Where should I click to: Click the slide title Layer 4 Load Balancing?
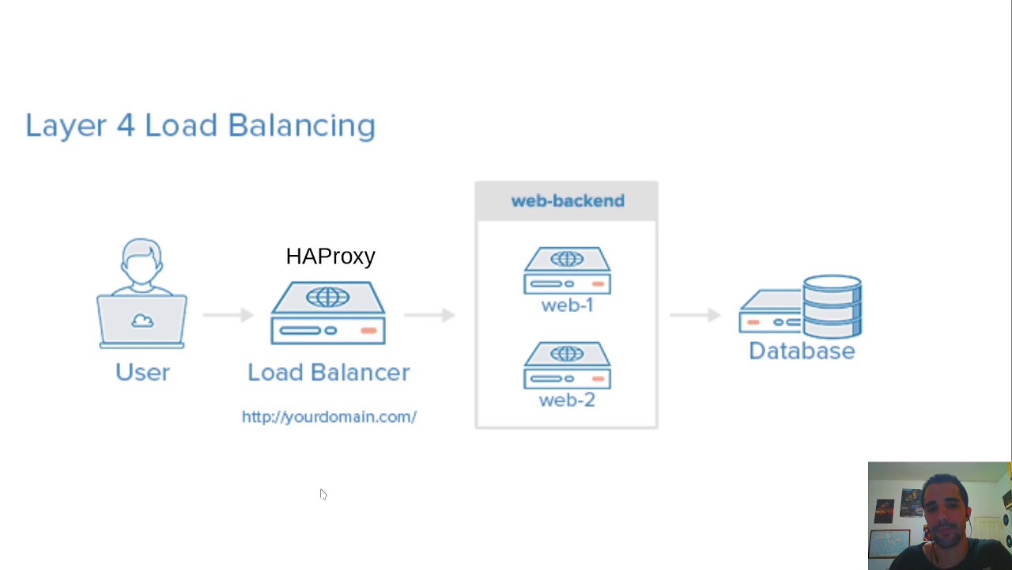[200, 126]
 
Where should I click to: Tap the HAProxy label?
[330, 256]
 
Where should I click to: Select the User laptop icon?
[142, 294]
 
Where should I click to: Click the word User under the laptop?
[142, 372]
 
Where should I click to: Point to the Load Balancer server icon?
[328, 313]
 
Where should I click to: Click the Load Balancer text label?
[328, 372]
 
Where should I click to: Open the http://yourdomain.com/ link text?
[329, 417]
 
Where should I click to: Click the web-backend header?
[567, 201]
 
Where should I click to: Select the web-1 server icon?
[567, 270]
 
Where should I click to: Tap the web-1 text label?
[567, 306]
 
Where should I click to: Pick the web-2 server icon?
[567, 365]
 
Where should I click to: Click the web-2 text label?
[567, 401]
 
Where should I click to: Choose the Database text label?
[802, 351]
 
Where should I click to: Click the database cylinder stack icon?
[832, 306]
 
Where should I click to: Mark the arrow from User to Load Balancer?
[228, 315]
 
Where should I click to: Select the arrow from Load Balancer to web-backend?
[429, 315]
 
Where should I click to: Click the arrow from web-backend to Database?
[695, 315]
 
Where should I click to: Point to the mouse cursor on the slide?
[323, 494]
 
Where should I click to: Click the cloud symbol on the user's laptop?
[142, 321]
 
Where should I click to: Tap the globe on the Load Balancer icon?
[328, 297]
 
